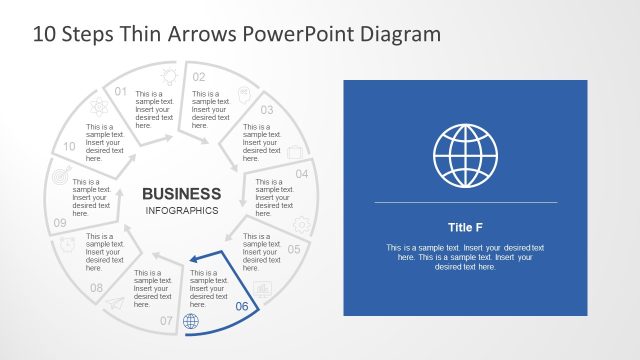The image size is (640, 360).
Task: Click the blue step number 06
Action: coord(241,306)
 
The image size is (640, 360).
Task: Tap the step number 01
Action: coord(121,92)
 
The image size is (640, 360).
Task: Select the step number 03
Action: coord(267,110)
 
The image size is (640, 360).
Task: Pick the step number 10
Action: coord(69,146)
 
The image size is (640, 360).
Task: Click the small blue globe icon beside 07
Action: coord(191,321)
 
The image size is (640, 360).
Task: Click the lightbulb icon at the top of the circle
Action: coord(169,75)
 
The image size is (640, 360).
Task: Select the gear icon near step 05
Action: coord(301,225)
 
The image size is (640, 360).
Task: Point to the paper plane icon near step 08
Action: coord(116,303)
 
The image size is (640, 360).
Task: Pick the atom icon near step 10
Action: coord(99,106)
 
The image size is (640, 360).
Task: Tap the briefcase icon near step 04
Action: coord(296,152)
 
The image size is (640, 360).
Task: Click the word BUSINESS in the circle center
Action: coord(182,193)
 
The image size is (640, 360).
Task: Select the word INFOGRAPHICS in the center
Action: coord(182,211)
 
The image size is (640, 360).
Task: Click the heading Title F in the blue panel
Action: coord(464,227)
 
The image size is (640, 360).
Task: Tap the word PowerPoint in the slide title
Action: coord(297,33)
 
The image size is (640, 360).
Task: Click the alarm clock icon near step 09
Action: coord(68,245)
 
